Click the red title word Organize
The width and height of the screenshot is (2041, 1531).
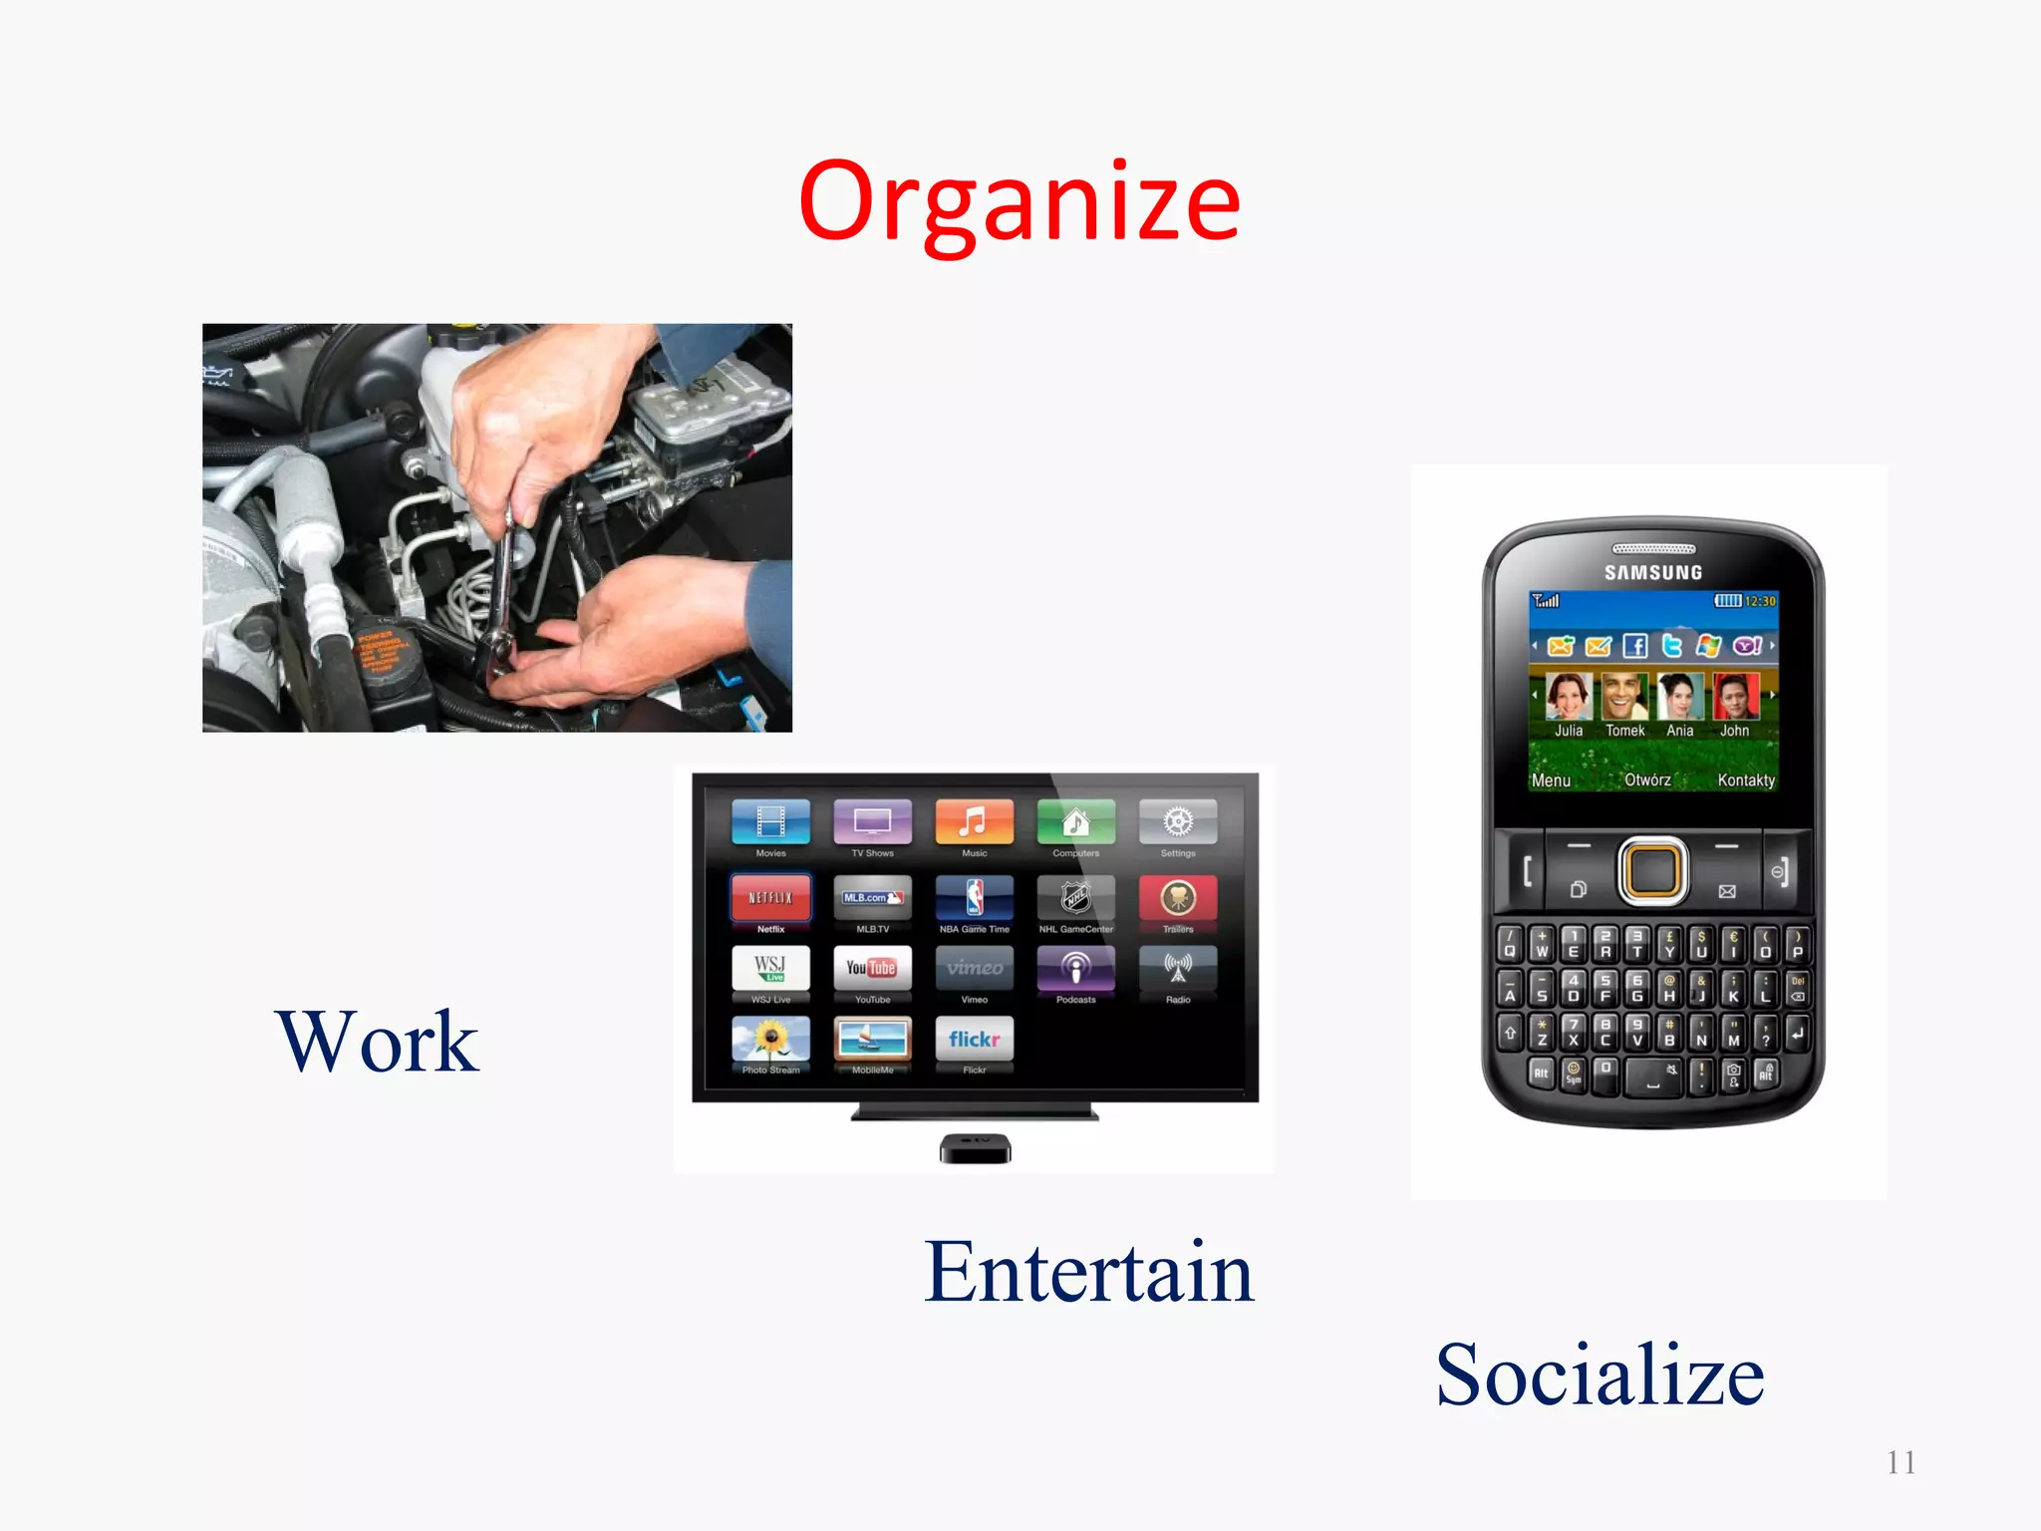(1019, 203)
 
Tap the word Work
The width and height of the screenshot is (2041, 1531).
(377, 1042)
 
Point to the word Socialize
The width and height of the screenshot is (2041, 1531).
(1600, 1376)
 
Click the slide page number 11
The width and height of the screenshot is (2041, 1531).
(1900, 1462)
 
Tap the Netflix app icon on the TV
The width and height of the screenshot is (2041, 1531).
(770, 897)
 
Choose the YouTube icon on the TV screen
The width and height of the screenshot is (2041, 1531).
(872, 967)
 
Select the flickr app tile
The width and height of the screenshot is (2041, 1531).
(974, 1039)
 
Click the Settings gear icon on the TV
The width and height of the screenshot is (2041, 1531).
(1177, 822)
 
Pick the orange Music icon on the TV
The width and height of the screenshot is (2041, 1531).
(974, 822)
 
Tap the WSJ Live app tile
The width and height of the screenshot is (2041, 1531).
(770, 967)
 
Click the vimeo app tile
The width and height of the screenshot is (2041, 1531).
(974, 967)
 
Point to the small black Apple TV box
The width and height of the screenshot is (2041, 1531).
(975, 1148)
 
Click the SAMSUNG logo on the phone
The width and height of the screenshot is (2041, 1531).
(1653, 572)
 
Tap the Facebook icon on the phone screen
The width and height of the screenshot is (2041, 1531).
(1634, 646)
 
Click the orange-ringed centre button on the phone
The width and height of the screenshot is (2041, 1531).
(1653, 870)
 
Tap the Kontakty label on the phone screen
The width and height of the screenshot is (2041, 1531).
(1745, 780)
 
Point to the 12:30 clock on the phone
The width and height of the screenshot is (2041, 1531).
(1760, 601)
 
